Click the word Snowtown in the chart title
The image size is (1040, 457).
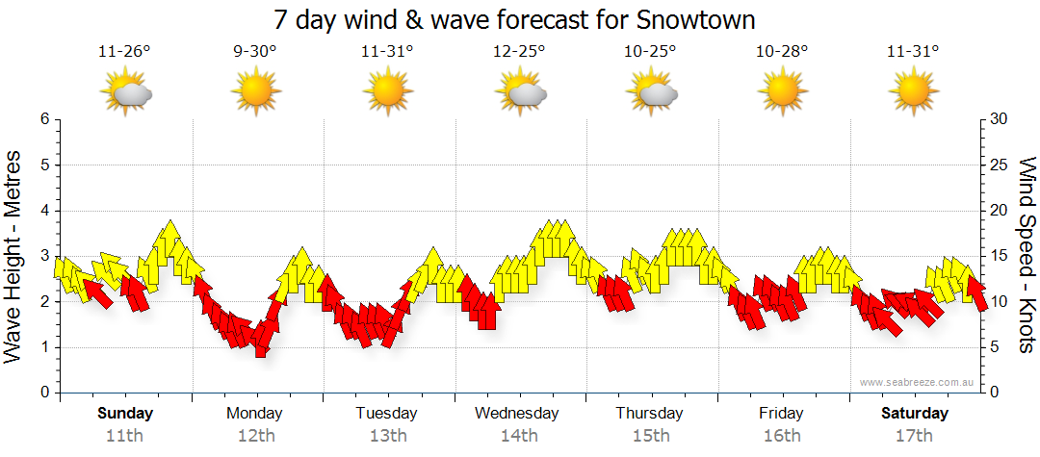(696, 19)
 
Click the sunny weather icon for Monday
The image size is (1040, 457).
(255, 92)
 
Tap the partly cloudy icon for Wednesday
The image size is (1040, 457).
(521, 92)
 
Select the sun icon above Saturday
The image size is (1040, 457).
(913, 92)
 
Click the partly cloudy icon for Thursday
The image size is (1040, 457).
(653, 92)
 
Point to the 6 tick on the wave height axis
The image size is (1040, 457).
(43, 119)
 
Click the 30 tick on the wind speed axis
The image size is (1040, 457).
(999, 119)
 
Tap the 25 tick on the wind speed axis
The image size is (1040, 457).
(999, 165)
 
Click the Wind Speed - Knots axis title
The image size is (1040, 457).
(1026, 256)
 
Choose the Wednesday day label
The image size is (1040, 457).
(517, 414)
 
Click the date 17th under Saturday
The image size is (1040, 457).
(915, 435)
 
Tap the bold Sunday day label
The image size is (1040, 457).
(124, 414)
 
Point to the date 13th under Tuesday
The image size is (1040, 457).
(387, 435)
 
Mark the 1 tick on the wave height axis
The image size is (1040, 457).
(43, 347)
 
